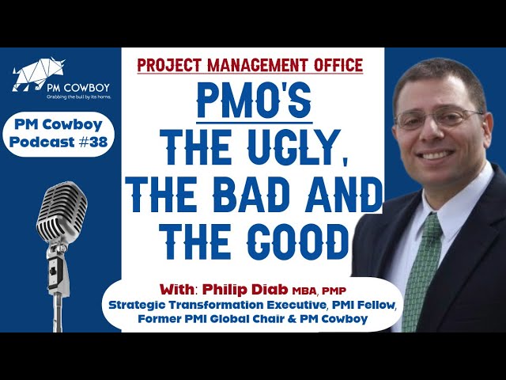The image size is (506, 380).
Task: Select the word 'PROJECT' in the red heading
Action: [167, 65]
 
